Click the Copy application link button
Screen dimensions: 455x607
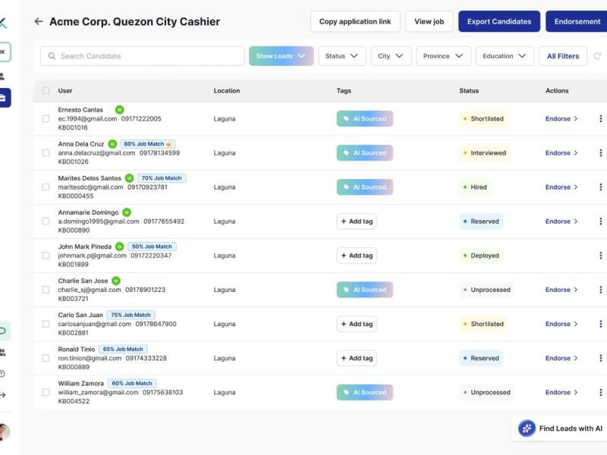[x=355, y=21]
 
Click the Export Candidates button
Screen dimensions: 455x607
[x=498, y=21]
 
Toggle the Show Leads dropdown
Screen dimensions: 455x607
[x=281, y=56]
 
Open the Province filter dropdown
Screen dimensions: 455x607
[x=443, y=56]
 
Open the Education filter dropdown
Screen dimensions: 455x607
[x=505, y=56]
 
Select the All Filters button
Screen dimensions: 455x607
[x=562, y=56]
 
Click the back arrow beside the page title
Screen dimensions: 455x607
[x=39, y=21]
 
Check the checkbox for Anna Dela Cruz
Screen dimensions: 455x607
[x=46, y=152]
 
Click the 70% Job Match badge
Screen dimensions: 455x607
[x=162, y=178]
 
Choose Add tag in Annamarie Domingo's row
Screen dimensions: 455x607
[x=357, y=221]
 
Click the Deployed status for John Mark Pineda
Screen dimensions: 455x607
[x=480, y=256]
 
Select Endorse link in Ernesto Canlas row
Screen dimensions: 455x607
[x=561, y=119]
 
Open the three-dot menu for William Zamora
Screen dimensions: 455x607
[x=600, y=392]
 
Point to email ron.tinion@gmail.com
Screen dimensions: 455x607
[x=90, y=358]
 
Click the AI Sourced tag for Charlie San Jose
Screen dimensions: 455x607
[x=365, y=290]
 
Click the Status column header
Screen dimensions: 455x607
[x=469, y=90]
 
